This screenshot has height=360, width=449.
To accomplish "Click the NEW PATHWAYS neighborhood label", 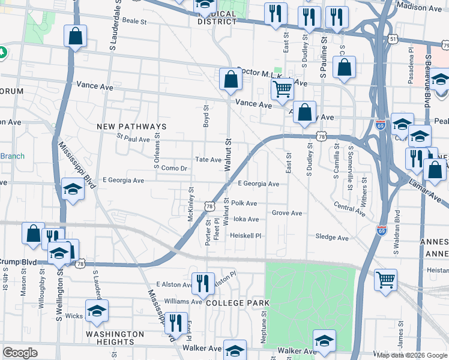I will point(131,127).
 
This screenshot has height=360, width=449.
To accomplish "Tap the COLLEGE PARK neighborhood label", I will point(237,303).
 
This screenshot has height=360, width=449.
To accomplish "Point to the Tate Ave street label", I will point(208,160).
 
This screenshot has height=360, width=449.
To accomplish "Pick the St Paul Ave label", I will point(133,139).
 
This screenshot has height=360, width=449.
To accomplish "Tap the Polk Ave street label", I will point(244,203).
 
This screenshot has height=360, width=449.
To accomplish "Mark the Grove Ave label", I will point(286,213).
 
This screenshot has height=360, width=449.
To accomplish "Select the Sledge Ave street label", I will point(331,238).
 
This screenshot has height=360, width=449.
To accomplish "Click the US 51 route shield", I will point(393,38).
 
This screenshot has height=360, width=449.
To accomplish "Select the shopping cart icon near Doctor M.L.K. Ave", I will point(282,90).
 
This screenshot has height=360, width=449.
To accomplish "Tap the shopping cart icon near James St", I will point(385,280).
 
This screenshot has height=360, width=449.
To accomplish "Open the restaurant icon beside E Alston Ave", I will point(202,284).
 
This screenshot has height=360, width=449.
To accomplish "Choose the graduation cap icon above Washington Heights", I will point(96,311).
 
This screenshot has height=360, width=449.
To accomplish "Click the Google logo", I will point(20,353).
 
